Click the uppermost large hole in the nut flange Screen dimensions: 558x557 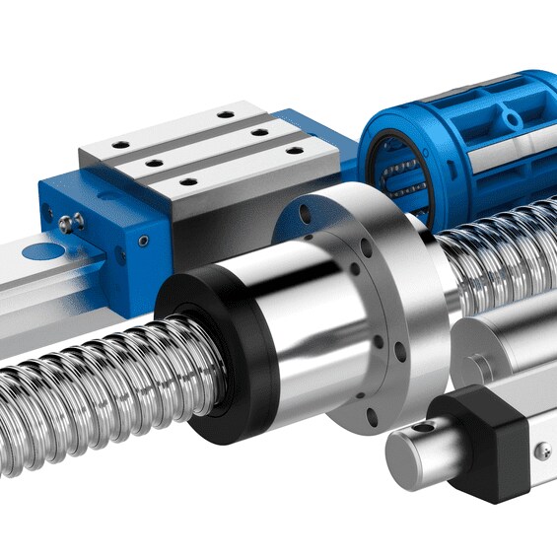[301, 210]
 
